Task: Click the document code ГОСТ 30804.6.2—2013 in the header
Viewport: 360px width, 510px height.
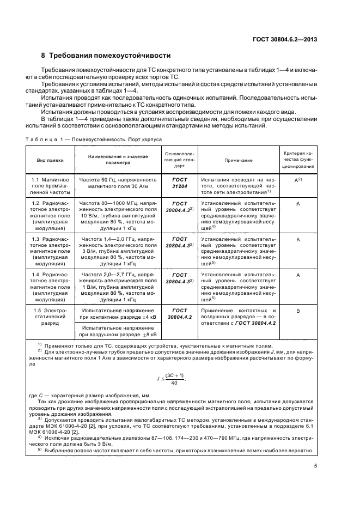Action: click(286, 39)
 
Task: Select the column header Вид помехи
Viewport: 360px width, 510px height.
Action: click(50, 161)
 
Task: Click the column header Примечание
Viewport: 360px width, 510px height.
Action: click(238, 161)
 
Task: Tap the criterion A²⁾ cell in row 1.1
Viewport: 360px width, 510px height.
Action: click(298, 179)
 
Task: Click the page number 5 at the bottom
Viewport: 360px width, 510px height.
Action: click(315, 466)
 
